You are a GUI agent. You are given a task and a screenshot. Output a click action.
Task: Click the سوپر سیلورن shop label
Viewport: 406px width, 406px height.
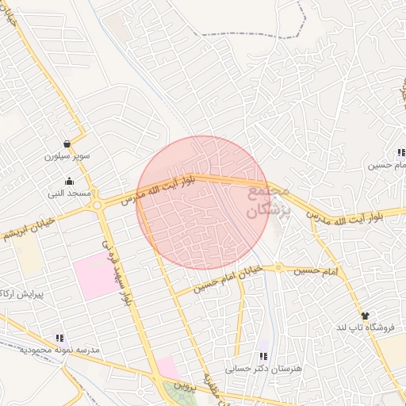(x=67, y=156)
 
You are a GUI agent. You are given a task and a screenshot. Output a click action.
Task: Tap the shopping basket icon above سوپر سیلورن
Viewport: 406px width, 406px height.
(x=67, y=144)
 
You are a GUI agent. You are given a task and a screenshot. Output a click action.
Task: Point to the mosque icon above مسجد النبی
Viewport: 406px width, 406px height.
(x=69, y=181)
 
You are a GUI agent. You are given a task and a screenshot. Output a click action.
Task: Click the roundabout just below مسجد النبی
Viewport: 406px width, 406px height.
(x=98, y=205)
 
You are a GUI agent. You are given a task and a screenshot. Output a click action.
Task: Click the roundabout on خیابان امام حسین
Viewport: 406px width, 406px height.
(x=279, y=267)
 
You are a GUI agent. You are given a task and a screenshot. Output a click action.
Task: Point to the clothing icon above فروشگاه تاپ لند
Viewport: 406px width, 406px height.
(x=365, y=316)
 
